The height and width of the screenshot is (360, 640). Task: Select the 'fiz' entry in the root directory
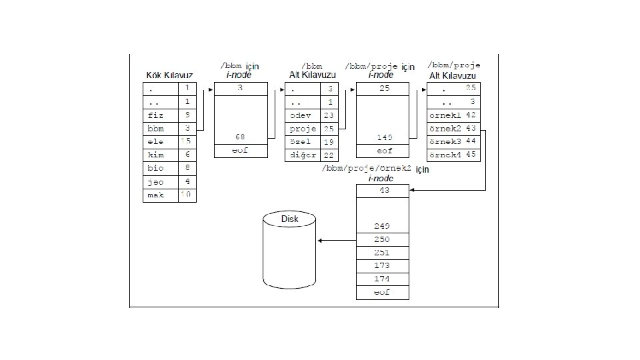tap(155, 115)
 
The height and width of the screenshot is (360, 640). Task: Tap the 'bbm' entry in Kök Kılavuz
tap(155, 128)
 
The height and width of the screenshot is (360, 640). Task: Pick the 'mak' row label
tap(155, 195)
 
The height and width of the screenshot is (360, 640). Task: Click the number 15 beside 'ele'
tap(187, 141)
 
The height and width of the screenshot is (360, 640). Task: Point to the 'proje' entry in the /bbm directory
tap(303, 128)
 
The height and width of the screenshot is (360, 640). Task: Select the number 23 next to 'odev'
tap(329, 115)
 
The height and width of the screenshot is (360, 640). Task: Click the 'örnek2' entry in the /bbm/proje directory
tap(445, 128)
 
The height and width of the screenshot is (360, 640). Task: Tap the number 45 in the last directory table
tap(471, 155)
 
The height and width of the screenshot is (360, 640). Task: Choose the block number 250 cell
tap(382, 239)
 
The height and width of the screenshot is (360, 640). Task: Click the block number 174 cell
tap(382, 279)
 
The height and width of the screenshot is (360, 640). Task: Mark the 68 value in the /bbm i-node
tap(240, 137)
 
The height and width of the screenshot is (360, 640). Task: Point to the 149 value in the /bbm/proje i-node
tap(385, 137)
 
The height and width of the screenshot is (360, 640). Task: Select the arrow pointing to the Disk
tap(337, 240)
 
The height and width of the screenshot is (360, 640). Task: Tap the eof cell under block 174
tap(382, 292)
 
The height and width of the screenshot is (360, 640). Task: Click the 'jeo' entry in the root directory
tap(155, 181)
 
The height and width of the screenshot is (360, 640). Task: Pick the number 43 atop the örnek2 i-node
tap(385, 191)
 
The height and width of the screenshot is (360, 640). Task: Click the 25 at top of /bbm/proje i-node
tap(385, 88)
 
